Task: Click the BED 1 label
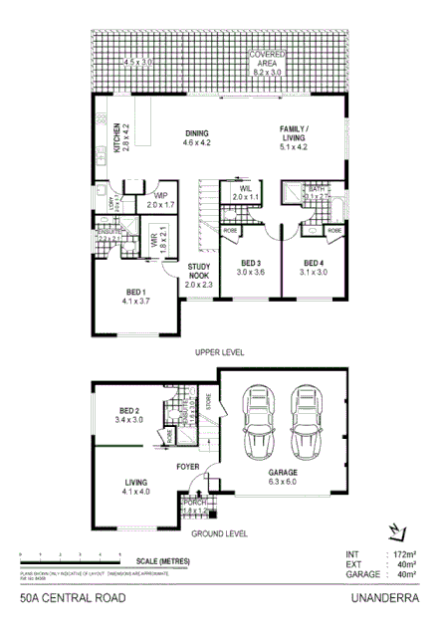click(x=135, y=292)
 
